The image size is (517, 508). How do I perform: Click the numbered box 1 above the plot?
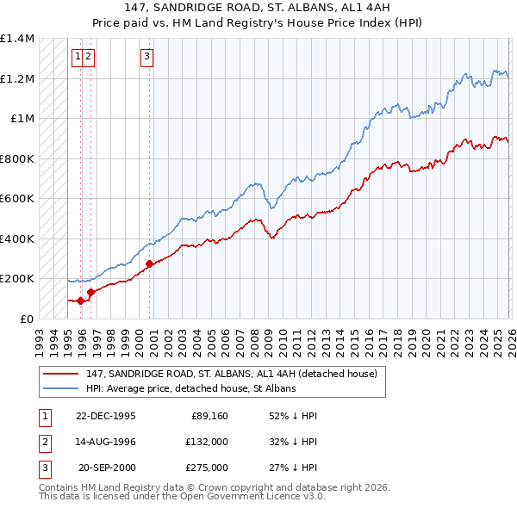(78, 58)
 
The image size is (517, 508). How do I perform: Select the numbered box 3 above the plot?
(147, 58)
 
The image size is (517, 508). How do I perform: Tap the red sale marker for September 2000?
(149, 263)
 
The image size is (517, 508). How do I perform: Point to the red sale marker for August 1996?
(90, 292)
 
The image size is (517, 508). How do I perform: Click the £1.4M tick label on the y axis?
(17, 39)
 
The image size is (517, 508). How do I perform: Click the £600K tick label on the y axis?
(17, 199)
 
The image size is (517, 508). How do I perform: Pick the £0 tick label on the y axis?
(27, 319)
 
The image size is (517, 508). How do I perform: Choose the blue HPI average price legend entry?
(190, 389)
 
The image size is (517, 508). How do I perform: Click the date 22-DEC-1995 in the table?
(105, 416)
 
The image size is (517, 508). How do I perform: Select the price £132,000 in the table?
(207, 442)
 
